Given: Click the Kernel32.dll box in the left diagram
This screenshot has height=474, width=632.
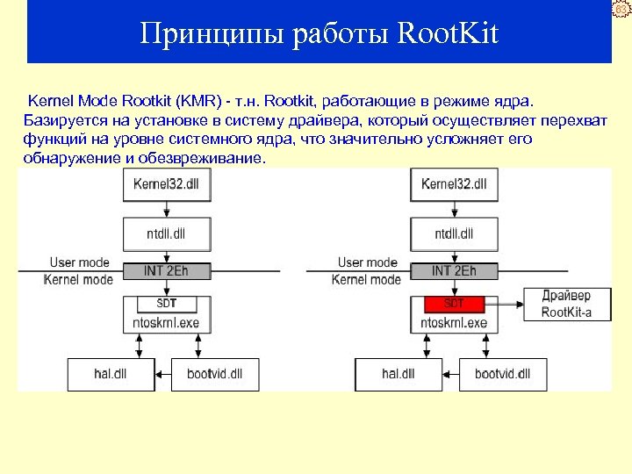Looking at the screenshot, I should (x=166, y=184).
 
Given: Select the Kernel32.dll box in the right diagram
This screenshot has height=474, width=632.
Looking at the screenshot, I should (x=454, y=184).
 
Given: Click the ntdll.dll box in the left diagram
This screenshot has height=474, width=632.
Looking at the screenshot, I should (x=166, y=233).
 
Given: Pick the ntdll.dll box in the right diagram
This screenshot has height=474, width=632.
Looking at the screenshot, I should (x=454, y=233).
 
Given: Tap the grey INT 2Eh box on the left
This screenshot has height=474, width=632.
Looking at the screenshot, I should (x=166, y=270).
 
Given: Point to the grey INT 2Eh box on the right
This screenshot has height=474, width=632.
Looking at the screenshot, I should (x=454, y=270).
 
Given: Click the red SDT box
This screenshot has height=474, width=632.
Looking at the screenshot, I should (x=454, y=304).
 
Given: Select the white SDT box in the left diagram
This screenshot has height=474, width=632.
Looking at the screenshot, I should (x=166, y=304).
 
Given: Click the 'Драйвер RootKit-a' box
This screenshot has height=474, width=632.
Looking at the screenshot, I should (x=566, y=304).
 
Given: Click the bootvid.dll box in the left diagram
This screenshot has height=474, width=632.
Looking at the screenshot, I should (x=214, y=374).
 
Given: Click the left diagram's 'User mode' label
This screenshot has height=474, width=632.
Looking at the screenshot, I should (x=80, y=262).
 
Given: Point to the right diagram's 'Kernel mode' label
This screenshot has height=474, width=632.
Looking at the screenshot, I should (x=366, y=280).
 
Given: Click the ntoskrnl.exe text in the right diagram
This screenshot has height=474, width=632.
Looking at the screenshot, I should (x=454, y=323).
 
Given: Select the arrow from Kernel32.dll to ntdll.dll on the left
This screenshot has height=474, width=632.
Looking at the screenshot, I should (x=166, y=209).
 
